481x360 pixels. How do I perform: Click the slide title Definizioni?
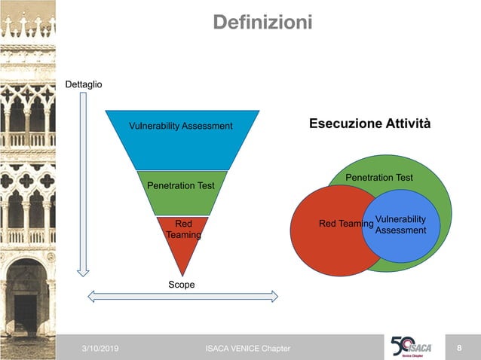262,23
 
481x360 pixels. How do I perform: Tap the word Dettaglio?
84,84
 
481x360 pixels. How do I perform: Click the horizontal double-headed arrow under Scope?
183,296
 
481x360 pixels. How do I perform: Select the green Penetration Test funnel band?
181,193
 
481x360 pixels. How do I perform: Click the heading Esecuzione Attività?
370,123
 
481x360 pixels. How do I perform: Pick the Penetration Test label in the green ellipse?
379,178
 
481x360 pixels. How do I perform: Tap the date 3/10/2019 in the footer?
100,348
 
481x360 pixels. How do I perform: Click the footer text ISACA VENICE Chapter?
247,348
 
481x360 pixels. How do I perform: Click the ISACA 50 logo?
412,346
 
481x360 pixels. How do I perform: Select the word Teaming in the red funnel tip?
183,235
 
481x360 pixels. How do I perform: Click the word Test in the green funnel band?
204,185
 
